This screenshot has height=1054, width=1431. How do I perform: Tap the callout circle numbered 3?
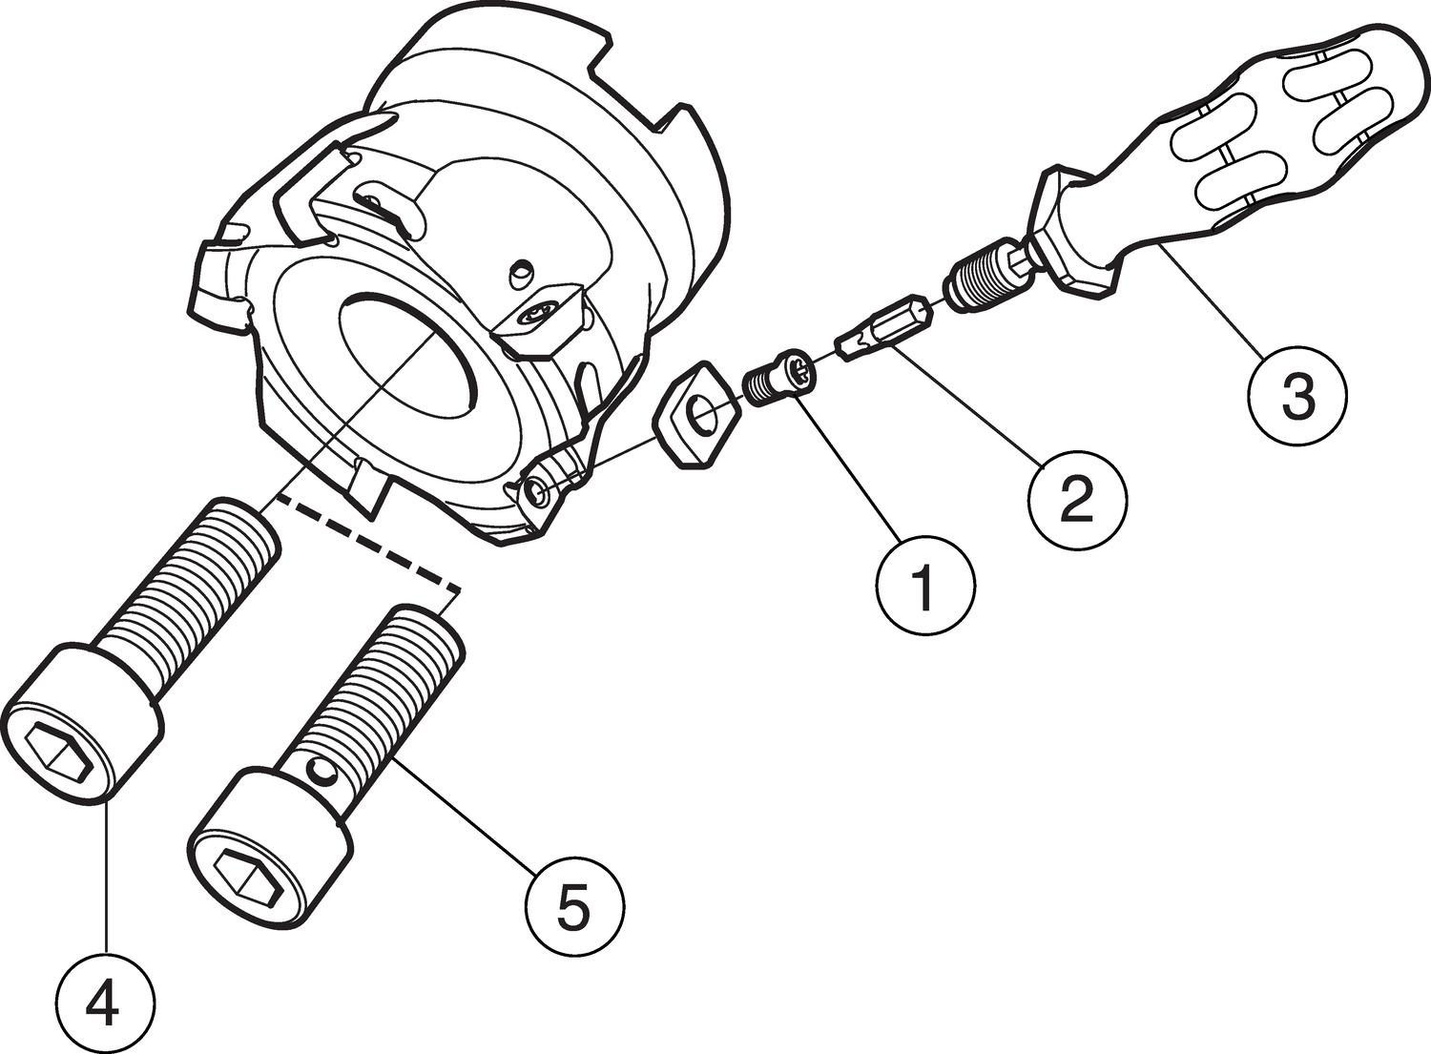[1297, 396]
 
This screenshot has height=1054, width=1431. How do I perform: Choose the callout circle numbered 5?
[574, 907]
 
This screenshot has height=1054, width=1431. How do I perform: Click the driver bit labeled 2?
[882, 327]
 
